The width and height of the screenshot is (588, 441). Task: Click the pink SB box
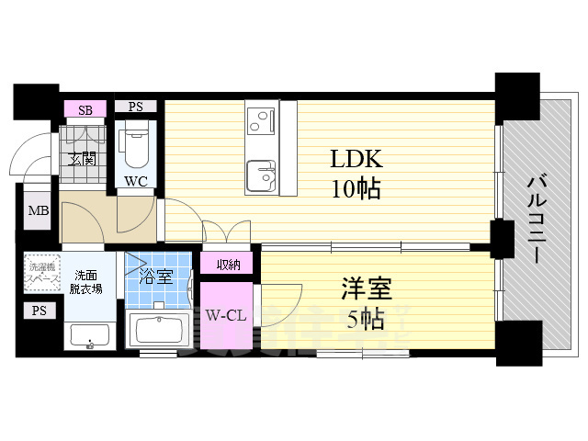(85, 109)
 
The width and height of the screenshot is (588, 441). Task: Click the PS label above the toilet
(136, 107)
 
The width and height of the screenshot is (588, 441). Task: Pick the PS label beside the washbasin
(38, 311)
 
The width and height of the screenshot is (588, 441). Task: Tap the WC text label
(135, 181)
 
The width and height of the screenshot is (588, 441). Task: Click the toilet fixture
(135, 143)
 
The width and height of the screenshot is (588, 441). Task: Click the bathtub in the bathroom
(159, 329)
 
